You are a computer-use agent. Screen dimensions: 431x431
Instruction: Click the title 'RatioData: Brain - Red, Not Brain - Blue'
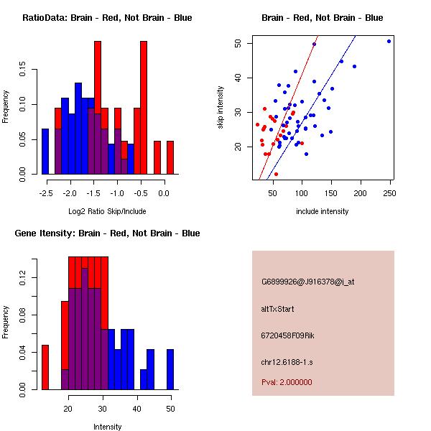107,17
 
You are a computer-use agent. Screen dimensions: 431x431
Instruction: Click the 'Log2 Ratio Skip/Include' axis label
107,211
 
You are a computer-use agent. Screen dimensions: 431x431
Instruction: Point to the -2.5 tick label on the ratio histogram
46,193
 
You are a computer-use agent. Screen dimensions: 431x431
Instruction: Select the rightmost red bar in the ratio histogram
170,157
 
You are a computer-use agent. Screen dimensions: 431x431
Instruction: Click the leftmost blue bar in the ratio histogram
45,152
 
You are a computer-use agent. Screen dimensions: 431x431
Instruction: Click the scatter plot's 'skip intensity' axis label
221,108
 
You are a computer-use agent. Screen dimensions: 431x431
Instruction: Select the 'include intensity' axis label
323,211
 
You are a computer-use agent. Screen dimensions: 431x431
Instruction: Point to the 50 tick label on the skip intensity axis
238,43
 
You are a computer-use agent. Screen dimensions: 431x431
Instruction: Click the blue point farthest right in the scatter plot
389,41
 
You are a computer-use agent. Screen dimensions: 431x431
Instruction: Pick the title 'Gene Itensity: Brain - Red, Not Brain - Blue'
107,233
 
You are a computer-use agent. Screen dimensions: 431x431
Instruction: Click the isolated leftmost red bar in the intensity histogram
45,367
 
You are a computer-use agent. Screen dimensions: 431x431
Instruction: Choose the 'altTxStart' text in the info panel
278,309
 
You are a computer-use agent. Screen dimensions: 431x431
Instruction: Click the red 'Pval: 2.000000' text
287,382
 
